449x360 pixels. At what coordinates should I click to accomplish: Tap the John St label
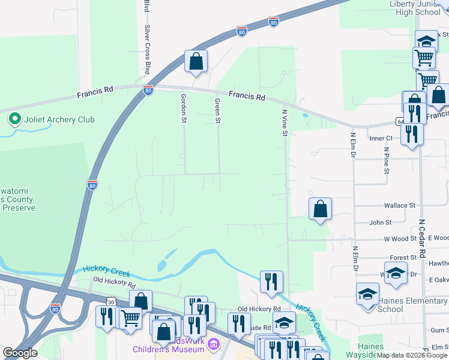point(380,223)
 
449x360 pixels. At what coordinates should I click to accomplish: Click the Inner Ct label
point(381,138)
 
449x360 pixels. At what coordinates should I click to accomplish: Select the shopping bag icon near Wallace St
point(321,209)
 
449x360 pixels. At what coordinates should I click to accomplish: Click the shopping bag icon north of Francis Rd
point(196,61)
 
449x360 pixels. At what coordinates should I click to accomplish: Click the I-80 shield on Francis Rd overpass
point(148,90)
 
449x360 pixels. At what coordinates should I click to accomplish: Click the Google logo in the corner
point(20,353)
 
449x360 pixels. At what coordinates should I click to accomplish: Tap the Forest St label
point(399,257)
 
